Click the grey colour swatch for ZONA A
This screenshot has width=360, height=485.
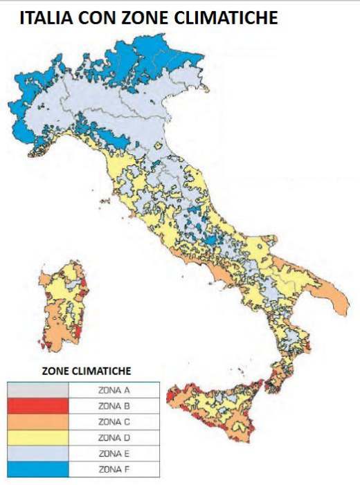coord(37,390)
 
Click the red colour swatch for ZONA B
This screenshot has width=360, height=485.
coord(37,405)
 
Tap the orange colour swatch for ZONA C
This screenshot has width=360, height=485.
coord(37,421)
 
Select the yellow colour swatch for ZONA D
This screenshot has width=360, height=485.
coord(37,437)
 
